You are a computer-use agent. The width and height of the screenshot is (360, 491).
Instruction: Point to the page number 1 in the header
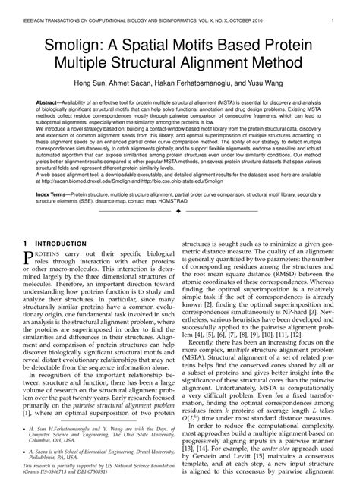334,11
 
